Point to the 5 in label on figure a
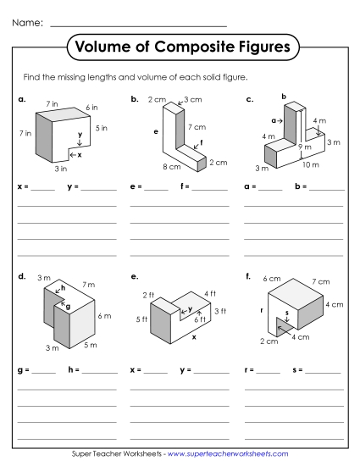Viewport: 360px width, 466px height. (x=102, y=128)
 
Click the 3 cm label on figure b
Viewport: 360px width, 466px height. (x=192, y=100)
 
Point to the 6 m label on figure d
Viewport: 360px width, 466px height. (x=105, y=315)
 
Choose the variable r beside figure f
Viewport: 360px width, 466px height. (x=262, y=309)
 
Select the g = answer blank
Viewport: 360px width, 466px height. (x=43, y=370)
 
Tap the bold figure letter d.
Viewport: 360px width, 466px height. (x=20, y=275)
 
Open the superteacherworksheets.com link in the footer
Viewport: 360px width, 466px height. (x=229, y=455)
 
